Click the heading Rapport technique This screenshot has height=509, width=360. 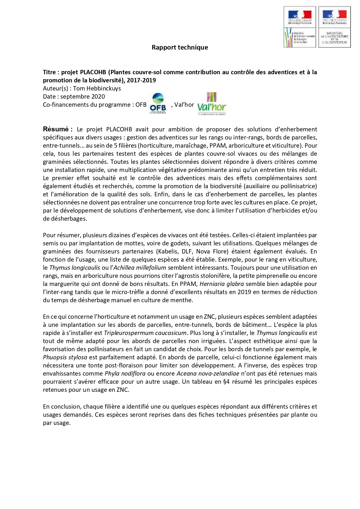[180, 48]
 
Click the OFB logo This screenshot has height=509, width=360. [158, 103]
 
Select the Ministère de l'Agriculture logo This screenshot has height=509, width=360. [334, 27]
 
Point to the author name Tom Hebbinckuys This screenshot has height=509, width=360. [97, 88]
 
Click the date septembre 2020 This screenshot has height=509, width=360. [83, 97]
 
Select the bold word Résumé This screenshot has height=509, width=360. [56, 129]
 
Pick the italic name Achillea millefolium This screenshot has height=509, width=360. [140, 268]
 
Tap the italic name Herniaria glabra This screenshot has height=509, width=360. [222, 284]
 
